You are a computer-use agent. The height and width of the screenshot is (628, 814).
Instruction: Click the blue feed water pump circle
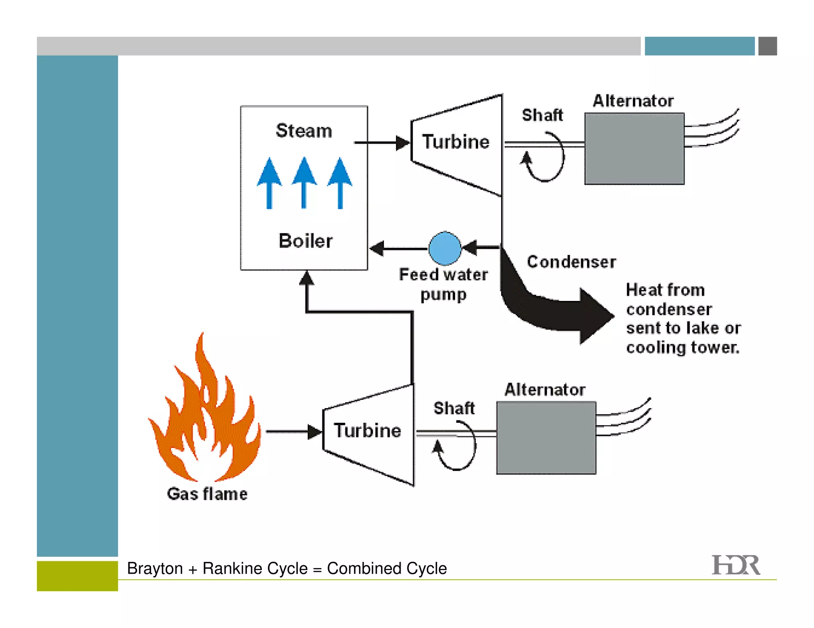tap(445, 249)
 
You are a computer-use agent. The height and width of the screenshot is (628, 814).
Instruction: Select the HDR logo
tap(735, 565)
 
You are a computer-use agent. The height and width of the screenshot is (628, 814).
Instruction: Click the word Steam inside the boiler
tap(304, 131)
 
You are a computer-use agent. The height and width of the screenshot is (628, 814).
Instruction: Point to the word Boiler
tap(305, 241)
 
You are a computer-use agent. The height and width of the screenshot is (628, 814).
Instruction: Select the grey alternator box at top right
tap(634, 149)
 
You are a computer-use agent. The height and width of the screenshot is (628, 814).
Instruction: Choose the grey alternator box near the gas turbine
tap(546, 438)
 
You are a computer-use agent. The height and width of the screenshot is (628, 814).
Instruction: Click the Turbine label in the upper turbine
tap(455, 142)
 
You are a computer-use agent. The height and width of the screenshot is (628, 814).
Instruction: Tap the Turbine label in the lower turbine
tap(367, 431)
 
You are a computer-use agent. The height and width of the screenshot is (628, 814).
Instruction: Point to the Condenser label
tap(571, 262)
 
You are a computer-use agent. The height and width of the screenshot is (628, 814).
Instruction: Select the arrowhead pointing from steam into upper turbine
tap(402, 143)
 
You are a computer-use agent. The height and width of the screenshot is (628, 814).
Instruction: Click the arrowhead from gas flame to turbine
tap(314, 432)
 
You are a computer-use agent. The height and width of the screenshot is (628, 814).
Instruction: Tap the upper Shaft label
tap(542, 116)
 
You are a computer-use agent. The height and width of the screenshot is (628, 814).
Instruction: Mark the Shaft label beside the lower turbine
tap(454, 408)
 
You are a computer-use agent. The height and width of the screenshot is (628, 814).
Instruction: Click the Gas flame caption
tap(207, 494)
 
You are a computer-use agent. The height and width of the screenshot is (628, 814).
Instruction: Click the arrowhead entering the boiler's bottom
tap(306, 278)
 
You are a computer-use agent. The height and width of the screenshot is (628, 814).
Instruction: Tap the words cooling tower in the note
tap(682, 348)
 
